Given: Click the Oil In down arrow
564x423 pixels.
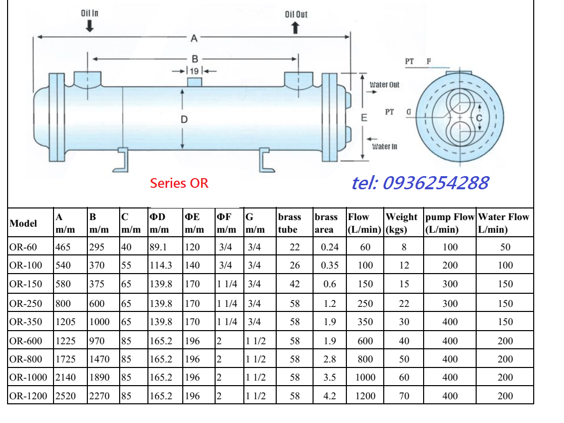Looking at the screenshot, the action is [89, 26].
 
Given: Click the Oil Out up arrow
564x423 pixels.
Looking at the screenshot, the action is [295, 28].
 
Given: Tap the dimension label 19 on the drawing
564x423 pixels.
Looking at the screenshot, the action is [194, 71].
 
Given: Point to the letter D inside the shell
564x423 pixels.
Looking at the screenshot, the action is [184, 120].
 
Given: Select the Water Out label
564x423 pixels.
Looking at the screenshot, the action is [385, 85].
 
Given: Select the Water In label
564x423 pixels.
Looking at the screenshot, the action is [385, 146].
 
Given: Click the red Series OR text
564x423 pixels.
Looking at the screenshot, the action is [179, 183].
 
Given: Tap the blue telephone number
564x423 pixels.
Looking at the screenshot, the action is [420, 183].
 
